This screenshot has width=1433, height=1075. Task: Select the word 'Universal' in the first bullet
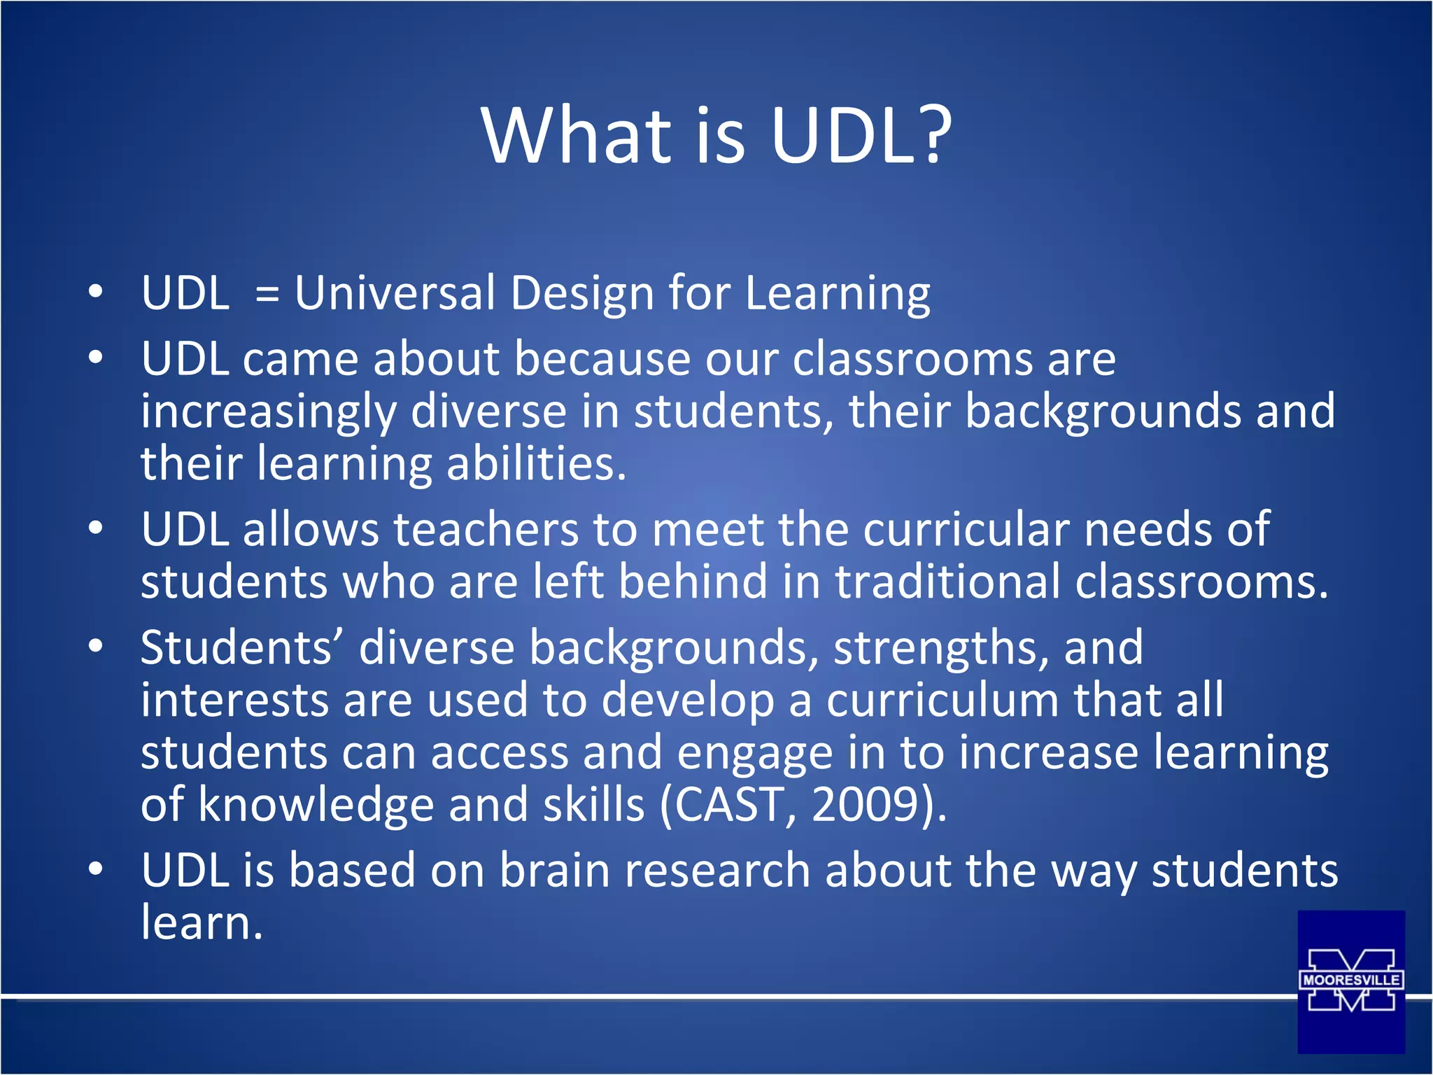pos(395,293)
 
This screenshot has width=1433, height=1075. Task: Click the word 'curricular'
pos(966,529)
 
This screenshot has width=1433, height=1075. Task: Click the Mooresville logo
pos(1351,981)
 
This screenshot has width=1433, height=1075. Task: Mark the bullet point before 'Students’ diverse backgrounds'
pos(96,647)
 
